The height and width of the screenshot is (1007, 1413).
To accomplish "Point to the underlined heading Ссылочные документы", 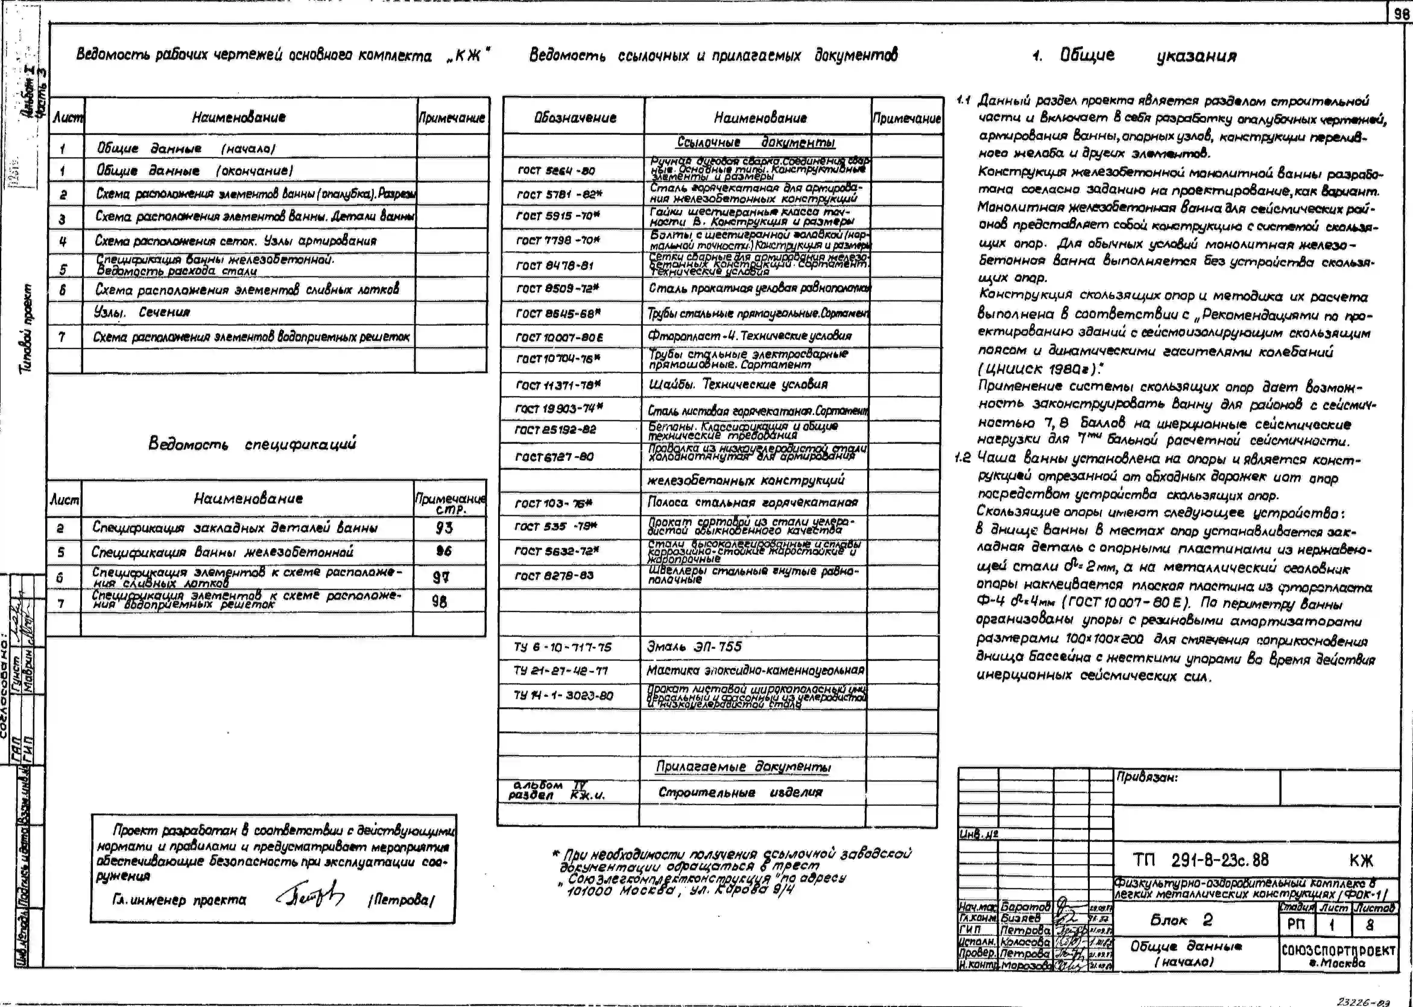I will pos(756,143).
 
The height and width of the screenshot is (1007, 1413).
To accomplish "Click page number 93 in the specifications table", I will pos(444,528).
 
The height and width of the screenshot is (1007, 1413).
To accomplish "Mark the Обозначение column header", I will pos(575,118).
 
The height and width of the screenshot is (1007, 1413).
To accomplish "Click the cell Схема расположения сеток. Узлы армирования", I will pos(235,241).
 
